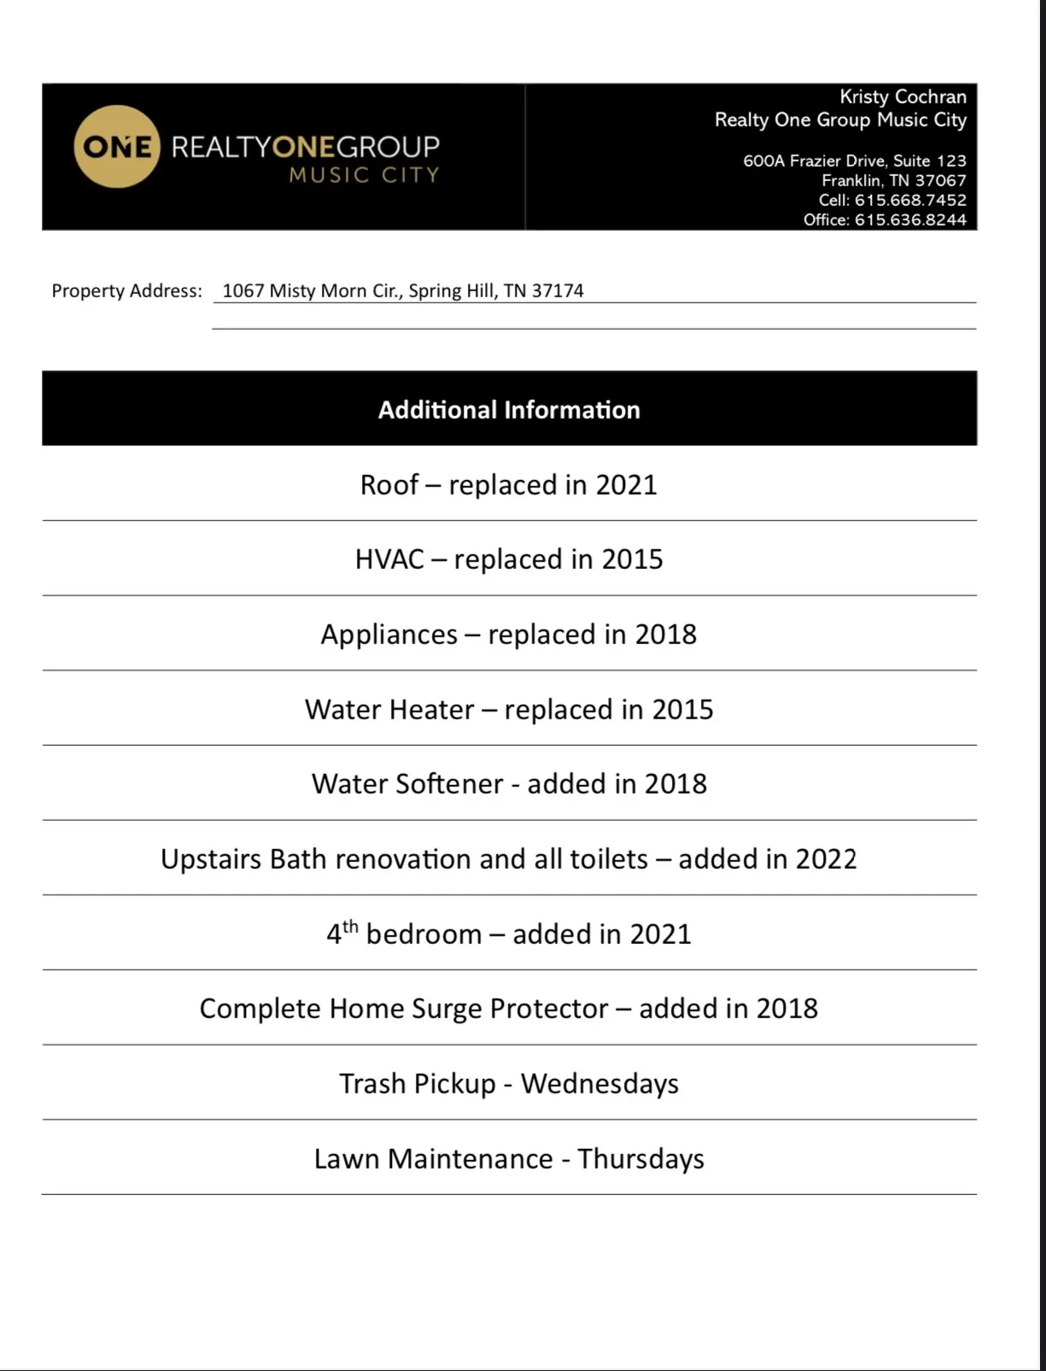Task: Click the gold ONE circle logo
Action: click(116, 147)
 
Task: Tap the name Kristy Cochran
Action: click(903, 97)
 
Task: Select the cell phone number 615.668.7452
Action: click(910, 200)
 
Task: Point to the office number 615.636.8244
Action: click(910, 220)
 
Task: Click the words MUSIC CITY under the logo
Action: click(364, 175)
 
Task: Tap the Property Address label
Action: click(126, 290)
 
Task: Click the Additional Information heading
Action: click(509, 410)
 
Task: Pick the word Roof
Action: click(389, 485)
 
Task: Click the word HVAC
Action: click(389, 560)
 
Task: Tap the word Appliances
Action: click(389, 635)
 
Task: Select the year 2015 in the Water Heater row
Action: click(682, 710)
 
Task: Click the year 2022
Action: click(826, 859)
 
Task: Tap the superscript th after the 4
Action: click(350, 926)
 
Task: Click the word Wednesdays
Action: click(599, 1084)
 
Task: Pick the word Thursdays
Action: click(640, 1159)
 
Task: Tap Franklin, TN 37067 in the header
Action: click(893, 180)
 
